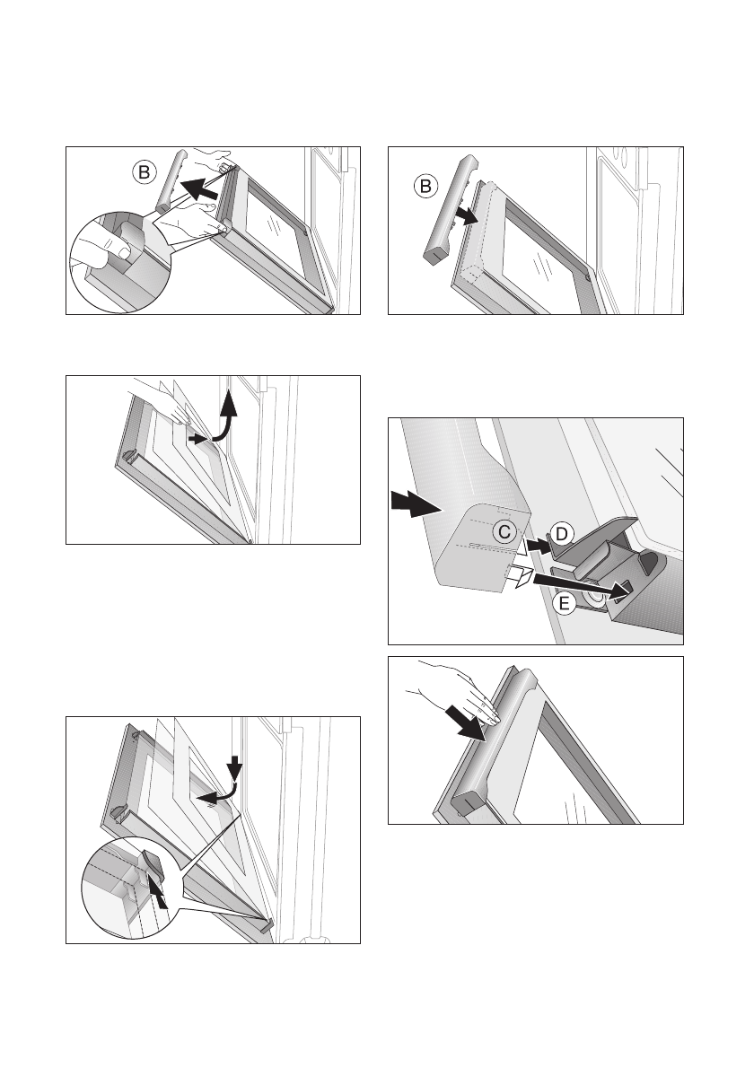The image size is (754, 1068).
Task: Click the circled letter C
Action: (x=504, y=530)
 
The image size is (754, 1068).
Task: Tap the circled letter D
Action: (x=561, y=534)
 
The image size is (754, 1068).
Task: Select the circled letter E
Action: (x=563, y=603)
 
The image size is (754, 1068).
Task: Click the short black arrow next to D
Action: (x=538, y=545)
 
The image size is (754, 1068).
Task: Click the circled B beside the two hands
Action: (x=144, y=172)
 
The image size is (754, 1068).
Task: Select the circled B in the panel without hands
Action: (x=425, y=186)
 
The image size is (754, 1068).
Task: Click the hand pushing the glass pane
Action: (x=160, y=403)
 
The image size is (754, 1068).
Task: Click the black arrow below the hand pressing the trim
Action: (x=464, y=722)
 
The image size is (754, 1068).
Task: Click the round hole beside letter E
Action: (x=594, y=595)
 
